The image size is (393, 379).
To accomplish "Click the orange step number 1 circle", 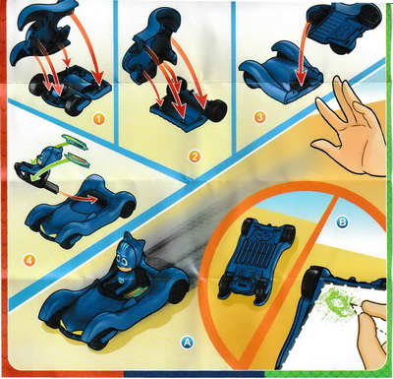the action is [99, 119].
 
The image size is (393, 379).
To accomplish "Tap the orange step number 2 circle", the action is [195, 157].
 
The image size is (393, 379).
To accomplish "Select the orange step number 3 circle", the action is [259, 117].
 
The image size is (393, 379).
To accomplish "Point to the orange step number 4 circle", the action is [29, 261].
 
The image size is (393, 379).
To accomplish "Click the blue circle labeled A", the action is [187, 343].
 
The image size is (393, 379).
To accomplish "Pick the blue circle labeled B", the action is [342, 222].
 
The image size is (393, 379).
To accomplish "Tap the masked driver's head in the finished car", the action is [126, 254].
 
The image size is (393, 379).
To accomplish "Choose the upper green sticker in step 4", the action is [76, 143].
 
